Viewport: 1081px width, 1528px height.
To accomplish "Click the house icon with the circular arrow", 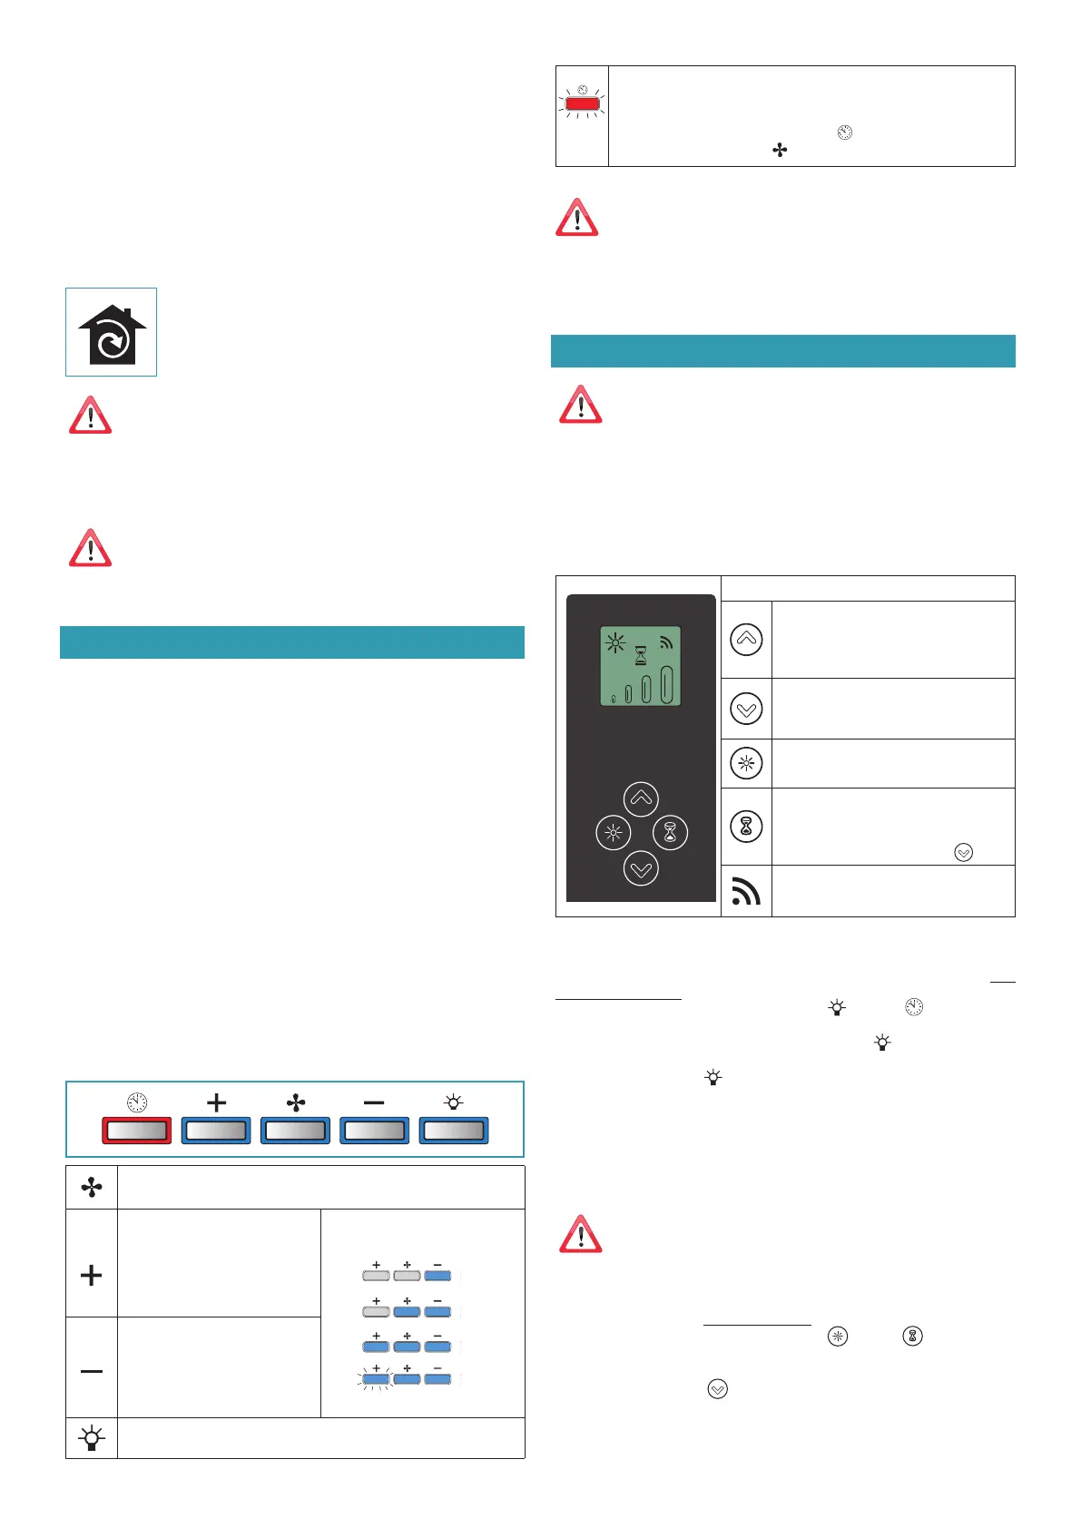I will pyautogui.click(x=112, y=333).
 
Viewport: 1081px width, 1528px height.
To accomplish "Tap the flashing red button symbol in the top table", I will pyautogui.click(x=582, y=103).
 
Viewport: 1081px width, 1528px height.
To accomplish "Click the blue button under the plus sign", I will pyautogui.click(x=216, y=1130).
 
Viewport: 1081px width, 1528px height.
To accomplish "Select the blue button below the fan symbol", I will pyautogui.click(x=295, y=1130).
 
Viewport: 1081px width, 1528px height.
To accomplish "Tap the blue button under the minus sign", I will pyautogui.click(x=374, y=1130).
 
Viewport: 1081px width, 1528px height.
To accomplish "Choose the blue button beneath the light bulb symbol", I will pyautogui.click(x=453, y=1130).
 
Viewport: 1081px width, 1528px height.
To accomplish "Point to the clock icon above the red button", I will pyautogui.click(x=137, y=1102).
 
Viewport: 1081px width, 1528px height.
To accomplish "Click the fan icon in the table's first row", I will pyautogui.click(x=92, y=1187).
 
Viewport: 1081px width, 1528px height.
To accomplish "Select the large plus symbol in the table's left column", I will pyautogui.click(x=92, y=1275).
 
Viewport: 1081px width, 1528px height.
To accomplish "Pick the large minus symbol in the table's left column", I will pyautogui.click(x=92, y=1371).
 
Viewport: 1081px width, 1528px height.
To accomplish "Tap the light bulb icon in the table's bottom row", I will pyautogui.click(x=92, y=1438).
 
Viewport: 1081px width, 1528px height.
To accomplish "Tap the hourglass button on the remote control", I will pyautogui.click(x=670, y=832).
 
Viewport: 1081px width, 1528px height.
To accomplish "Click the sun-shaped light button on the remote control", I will pyautogui.click(x=613, y=832).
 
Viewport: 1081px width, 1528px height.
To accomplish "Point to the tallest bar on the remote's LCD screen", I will pyautogui.click(x=666, y=685).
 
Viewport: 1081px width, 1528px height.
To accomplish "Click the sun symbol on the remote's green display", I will pyautogui.click(x=615, y=644).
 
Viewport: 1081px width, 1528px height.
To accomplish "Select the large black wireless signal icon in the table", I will pyautogui.click(x=745, y=892).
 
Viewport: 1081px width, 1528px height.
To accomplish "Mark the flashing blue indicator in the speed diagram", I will pyautogui.click(x=376, y=1379).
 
